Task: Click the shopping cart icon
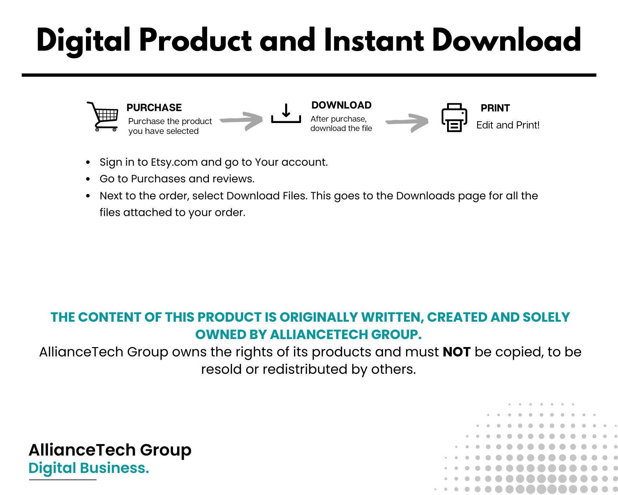pos(103,117)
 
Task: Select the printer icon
pos(454,118)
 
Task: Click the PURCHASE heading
pos(154,107)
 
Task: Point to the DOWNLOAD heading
pos(341,105)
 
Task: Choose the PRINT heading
pos(495,108)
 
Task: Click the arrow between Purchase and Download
pos(241,120)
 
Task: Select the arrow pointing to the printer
pos(407,123)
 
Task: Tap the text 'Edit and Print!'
pos(508,125)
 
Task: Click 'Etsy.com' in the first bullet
pos(174,162)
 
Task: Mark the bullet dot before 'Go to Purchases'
pos(88,179)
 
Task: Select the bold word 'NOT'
pos(456,352)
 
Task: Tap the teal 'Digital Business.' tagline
pos(89,468)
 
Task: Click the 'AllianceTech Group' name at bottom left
pos(110,450)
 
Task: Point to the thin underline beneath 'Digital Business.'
pos(63,480)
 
